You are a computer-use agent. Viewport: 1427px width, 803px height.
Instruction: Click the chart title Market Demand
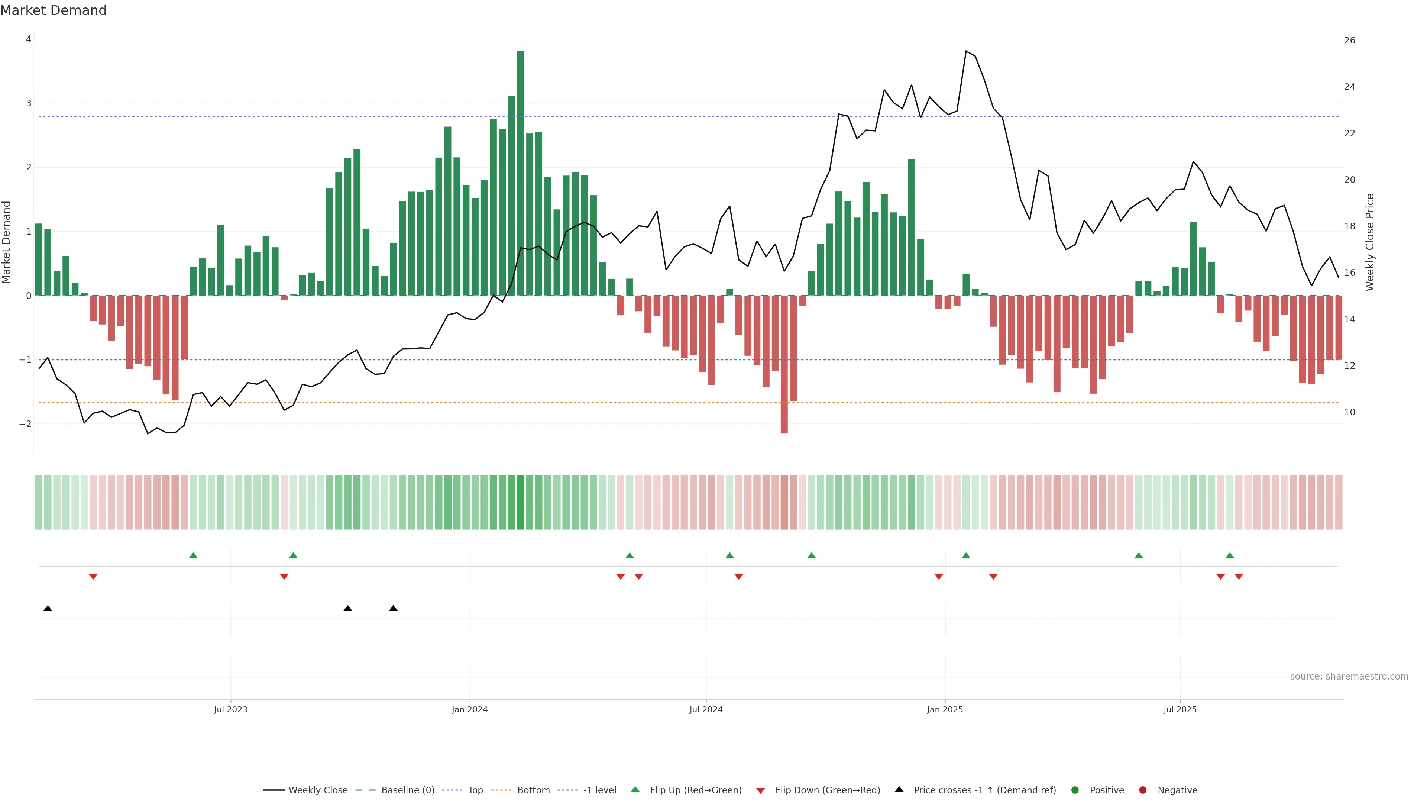coord(53,10)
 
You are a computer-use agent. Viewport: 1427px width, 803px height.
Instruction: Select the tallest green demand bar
coord(520,173)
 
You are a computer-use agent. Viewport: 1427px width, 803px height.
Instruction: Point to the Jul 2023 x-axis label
coord(230,709)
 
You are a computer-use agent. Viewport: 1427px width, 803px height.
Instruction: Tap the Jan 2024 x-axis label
coord(469,709)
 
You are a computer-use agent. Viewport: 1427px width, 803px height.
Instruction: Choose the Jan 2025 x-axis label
coord(945,709)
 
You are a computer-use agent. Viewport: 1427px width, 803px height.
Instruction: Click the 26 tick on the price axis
coord(1349,41)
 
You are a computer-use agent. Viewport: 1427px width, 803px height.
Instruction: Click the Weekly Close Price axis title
coord(1369,242)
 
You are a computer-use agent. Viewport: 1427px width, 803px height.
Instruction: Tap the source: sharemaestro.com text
coord(1349,677)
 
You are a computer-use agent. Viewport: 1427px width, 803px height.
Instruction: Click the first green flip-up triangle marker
coord(193,555)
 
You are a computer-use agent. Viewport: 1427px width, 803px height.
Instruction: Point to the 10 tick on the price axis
coord(1349,412)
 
